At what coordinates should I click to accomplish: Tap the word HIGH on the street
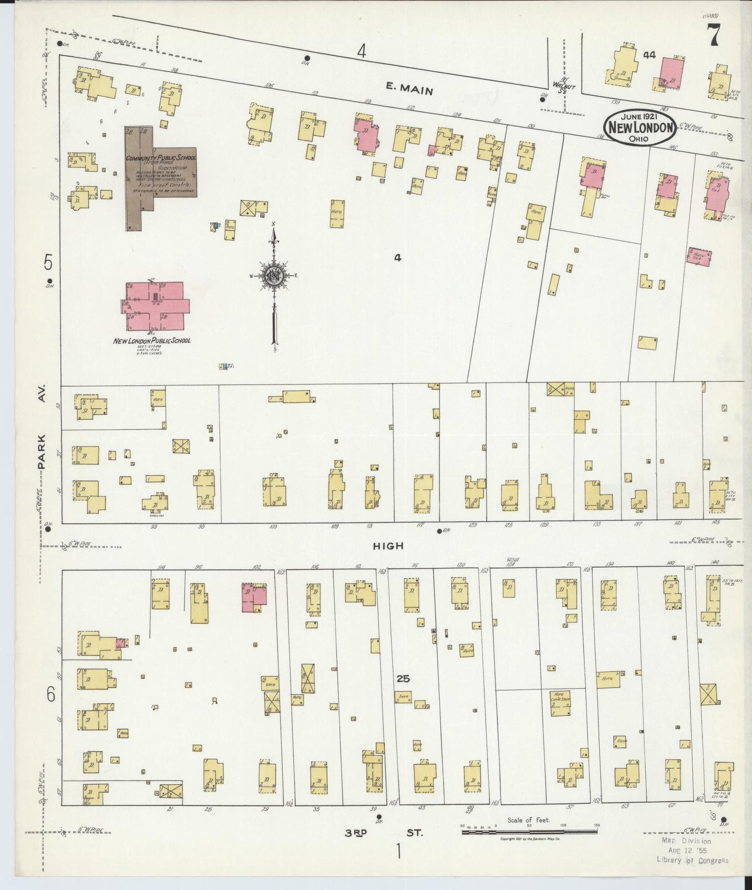[x=388, y=546]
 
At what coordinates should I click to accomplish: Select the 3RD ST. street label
[x=384, y=833]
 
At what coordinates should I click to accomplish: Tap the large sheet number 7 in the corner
[x=712, y=36]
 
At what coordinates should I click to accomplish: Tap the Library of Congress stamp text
[x=692, y=860]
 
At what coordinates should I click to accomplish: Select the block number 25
[x=403, y=679]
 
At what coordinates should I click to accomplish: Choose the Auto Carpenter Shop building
[x=559, y=703]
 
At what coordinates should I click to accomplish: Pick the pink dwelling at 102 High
[x=254, y=596]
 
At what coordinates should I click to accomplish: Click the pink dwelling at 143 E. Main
[x=672, y=73]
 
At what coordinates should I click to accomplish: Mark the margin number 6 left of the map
[x=50, y=694]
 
